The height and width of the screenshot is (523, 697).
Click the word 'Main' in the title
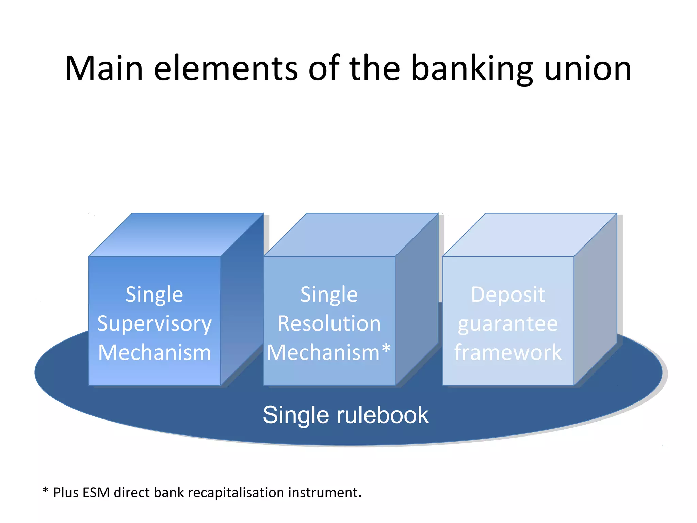click(x=104, y=69)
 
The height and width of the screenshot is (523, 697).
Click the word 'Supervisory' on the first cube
click(x=154, y=324)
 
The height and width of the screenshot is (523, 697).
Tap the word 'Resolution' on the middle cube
click(x=329, y=323)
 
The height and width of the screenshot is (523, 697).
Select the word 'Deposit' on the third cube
click(x=508, y=295)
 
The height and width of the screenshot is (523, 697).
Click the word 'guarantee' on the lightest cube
click(x=508, y=324)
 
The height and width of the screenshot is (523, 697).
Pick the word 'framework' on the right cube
click(x=508, y=352)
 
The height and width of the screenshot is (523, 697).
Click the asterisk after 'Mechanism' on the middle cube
click(x=386, y=349)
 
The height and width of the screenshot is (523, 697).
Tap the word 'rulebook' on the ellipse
click(x=383, y=415)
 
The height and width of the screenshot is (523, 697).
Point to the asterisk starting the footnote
click(x=46, y=491)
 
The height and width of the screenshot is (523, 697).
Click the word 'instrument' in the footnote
click(x=323, y=493)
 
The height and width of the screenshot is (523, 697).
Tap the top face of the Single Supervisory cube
click(x=176, y=235)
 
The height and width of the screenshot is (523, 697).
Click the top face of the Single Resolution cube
click(x=351, y=235)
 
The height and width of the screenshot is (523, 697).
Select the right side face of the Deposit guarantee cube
click(x=595, y=300)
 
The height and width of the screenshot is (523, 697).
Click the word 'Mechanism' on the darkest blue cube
click(x=154, y=352)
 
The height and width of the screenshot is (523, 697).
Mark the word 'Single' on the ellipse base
click(x=296, y=415)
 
